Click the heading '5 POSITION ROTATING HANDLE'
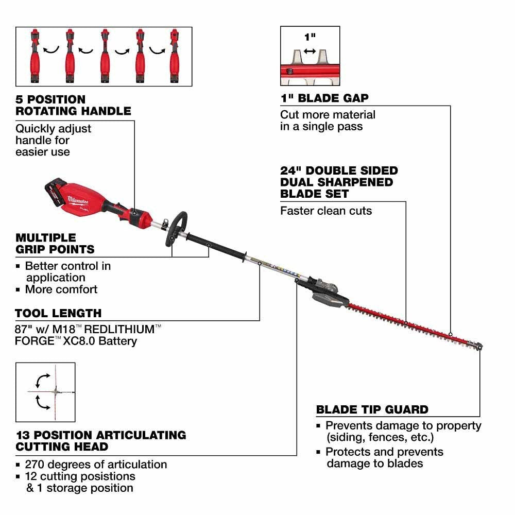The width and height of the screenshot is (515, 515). point(73,105)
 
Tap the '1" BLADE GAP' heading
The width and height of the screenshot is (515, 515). point(324,98)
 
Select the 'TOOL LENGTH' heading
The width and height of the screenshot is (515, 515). point(58,313)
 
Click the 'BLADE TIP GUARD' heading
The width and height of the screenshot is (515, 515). point(372,410)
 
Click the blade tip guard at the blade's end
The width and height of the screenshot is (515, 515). point(478,347)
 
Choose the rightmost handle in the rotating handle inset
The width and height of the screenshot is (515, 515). point(174,57)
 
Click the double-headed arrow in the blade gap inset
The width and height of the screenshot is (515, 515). point(310,51)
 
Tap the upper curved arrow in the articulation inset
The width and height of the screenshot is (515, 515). point(40,380)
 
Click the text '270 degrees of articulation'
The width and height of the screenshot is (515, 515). point(96,464)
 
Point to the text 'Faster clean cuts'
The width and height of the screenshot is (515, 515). point(326,211)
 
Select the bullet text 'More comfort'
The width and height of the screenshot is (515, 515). point(61,289)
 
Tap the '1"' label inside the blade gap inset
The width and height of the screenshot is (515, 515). point(310,38)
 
